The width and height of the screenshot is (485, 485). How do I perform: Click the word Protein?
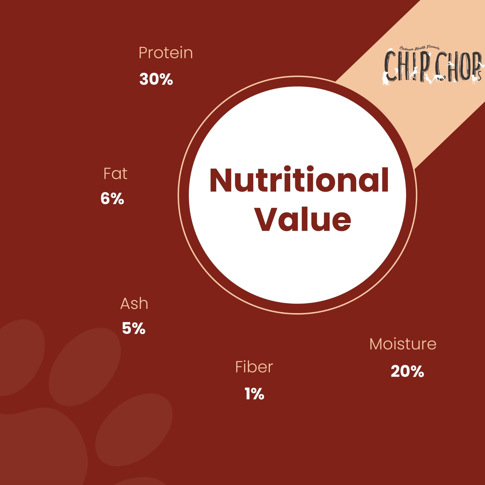pos(166,53)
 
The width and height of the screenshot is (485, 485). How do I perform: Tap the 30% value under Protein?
pos(156,79)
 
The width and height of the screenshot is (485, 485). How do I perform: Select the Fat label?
pos(115,173)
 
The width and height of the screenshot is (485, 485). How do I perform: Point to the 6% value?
pos(112,199)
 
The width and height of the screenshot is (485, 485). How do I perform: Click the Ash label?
pos(134,304)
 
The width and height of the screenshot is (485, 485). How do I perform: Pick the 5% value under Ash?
pos(134,328)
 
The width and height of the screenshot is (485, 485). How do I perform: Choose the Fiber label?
pos(254,367)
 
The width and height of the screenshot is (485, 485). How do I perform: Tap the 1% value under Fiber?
pos(254,393)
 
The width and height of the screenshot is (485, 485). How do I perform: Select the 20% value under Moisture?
pos(407,371)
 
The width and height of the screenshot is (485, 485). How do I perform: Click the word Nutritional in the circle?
pos(299,180)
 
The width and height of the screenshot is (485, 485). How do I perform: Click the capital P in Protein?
pos(143,53)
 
